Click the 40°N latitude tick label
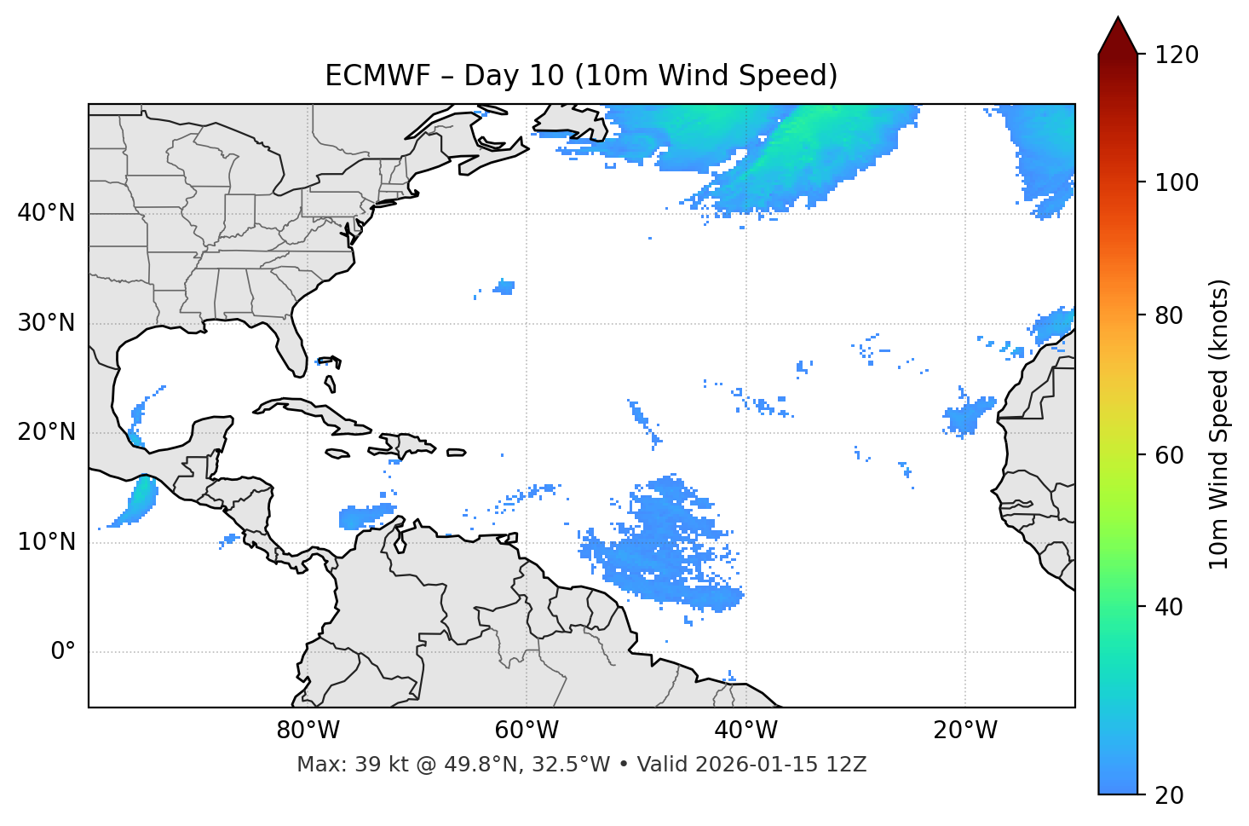click(x=46, y=213)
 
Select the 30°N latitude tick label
click(x=46, y=323)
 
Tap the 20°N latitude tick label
click(x=46, y=432)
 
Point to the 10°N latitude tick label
click(x=46, y=542)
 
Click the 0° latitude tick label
click(x=63, y=652)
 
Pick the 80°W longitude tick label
click(x=308, y=731)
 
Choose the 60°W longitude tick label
click(x=527, y=731)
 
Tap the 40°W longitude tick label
click(x=745, y=731)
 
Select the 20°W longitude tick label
click(x=964, y=731)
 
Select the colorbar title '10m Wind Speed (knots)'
click(x=1219, y=424)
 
